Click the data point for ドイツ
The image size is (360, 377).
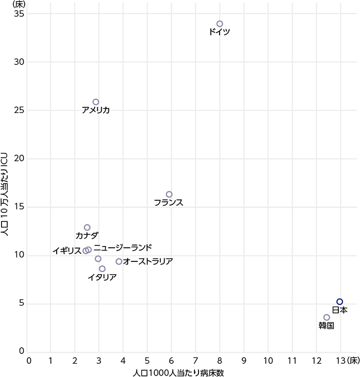[220, 24]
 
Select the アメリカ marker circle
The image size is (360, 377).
[96, 102]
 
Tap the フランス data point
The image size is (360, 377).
[169, 194]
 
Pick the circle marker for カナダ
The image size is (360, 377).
[87, 227]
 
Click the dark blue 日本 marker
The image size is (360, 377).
[339, 301]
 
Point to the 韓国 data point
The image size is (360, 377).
[327, 317]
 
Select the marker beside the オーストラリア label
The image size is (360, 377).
[119, 261]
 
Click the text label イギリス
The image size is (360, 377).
[67, 251]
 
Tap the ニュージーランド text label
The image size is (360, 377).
[122, 247]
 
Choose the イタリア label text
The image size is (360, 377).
[102, 277]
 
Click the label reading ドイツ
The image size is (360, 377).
[220, 32]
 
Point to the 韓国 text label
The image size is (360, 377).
[327, 326]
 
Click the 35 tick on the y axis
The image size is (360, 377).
[19, 13]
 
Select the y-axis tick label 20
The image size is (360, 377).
[19, 159]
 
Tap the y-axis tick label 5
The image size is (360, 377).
[22, 304]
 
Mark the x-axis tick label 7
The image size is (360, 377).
[195, 361]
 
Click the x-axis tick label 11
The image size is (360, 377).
[292, 361]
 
